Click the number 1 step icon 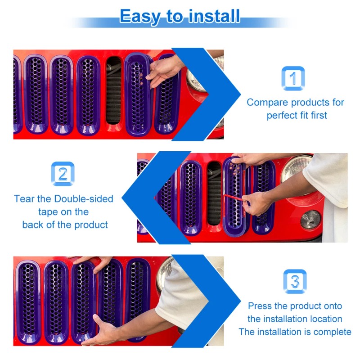click(x=293, y=78)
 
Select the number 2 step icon click(x=63, y=174)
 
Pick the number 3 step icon click(x=295, y=281)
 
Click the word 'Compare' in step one click(x=267, y=103)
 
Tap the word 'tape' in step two click(x=48, y=212)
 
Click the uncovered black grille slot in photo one click(x=113, y=90)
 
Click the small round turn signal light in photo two click(x=310, y=220)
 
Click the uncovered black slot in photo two click(x=214, y=193)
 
